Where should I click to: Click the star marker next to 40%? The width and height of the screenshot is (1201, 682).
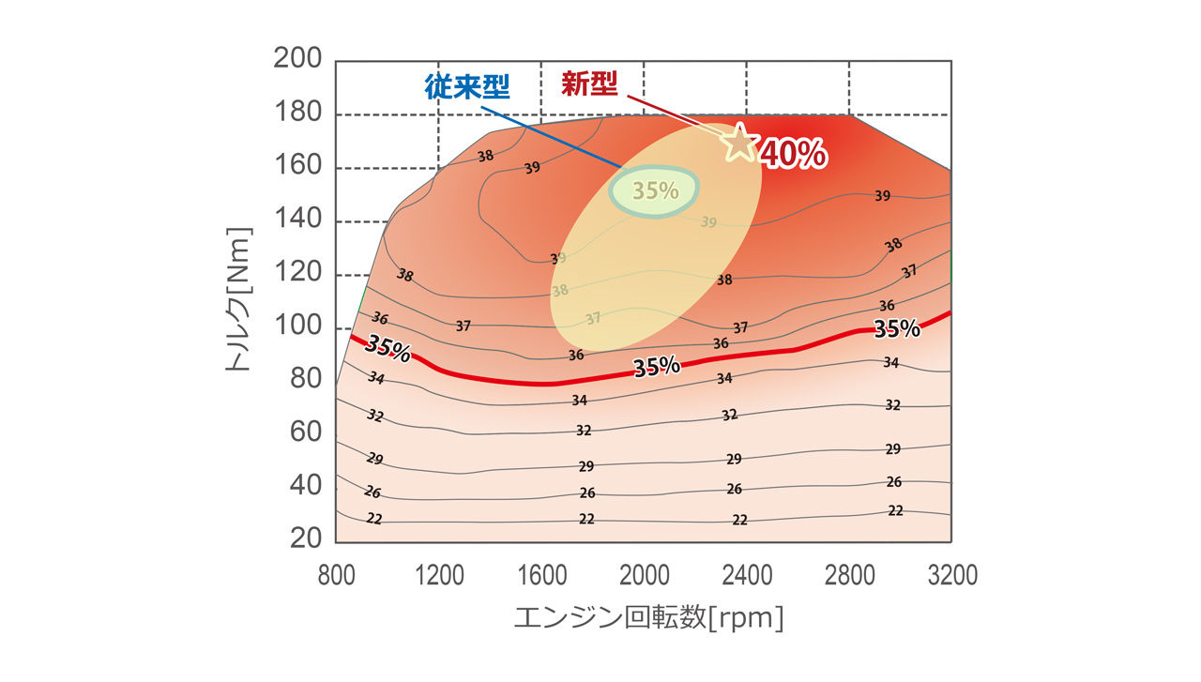739,142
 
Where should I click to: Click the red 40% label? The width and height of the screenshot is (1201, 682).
793,154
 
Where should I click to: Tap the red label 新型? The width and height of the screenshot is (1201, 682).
590,83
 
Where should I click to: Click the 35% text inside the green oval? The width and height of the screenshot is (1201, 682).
655,190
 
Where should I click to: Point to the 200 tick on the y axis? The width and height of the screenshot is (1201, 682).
297,59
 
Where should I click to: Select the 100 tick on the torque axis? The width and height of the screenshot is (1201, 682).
297,326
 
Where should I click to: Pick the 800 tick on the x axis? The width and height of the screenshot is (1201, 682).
336,574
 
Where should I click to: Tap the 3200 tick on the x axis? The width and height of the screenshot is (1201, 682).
951,574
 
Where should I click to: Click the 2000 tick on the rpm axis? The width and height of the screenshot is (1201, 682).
644,574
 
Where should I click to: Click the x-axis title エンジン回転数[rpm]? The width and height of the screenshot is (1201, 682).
648,619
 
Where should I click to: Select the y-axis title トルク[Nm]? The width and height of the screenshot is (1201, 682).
240,298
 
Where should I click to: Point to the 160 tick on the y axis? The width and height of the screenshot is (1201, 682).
297,167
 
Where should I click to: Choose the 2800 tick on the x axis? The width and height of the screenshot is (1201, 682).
849,574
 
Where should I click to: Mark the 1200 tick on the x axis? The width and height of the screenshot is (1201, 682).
438,574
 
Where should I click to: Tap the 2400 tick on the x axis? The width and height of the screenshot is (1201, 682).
747,574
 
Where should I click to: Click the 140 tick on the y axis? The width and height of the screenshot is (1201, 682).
297,220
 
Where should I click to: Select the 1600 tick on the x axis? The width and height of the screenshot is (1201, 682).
541,574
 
